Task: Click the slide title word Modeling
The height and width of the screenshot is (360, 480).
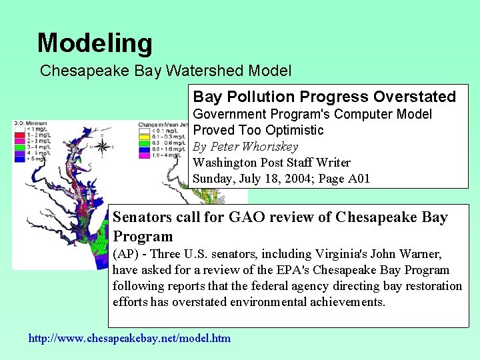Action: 95,43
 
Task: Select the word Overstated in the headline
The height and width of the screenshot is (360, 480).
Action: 415,97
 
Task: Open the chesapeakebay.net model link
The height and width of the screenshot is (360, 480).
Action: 129,338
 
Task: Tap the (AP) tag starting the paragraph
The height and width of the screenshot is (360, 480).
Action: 125,254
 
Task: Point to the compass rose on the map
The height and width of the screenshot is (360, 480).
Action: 101,147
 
